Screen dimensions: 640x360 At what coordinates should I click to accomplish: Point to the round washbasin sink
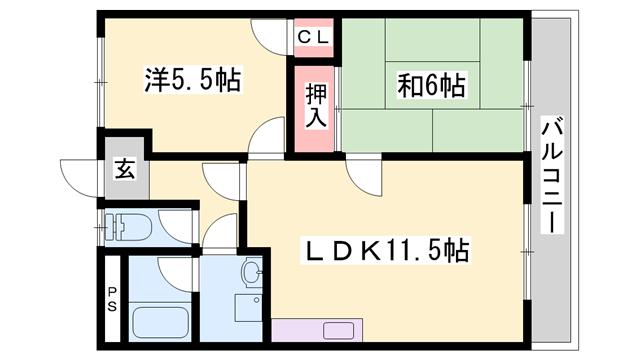pyautogui.click(x=251, y=271)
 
